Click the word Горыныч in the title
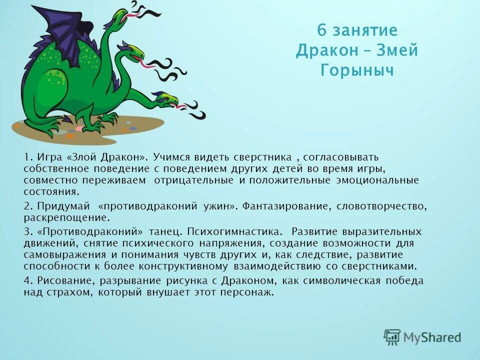point(357,70)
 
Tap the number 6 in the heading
point(322,31)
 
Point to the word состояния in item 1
point(50,191)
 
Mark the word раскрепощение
point(65,218)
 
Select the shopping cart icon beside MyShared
point(392,337)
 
